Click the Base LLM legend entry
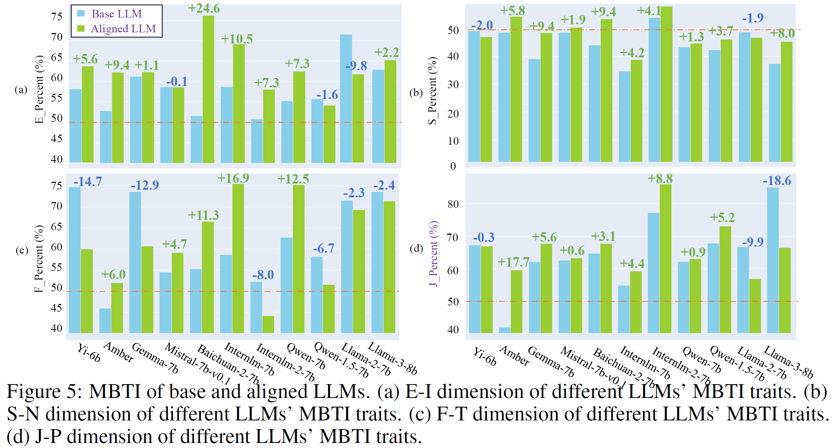(x=116, y=14)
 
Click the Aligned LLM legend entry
(x=123, y=29)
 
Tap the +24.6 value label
(x=204, y=8)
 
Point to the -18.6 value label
(x=777, y=181)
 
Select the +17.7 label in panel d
(x=513, y=262)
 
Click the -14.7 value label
(x=88, y=181)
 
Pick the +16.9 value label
(x=233, y=178)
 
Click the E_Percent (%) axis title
(x=39, y=89)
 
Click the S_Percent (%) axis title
(x=432, y=91)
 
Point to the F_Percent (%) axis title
(x=39, y=259)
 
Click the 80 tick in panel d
(x=453, y=204)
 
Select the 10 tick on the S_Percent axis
(x=453, y=141)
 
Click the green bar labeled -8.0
(x=268, y=324)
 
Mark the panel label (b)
(x=416, y=93)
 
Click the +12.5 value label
(x=293, y=179)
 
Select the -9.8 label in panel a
(x=356, y=66)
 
